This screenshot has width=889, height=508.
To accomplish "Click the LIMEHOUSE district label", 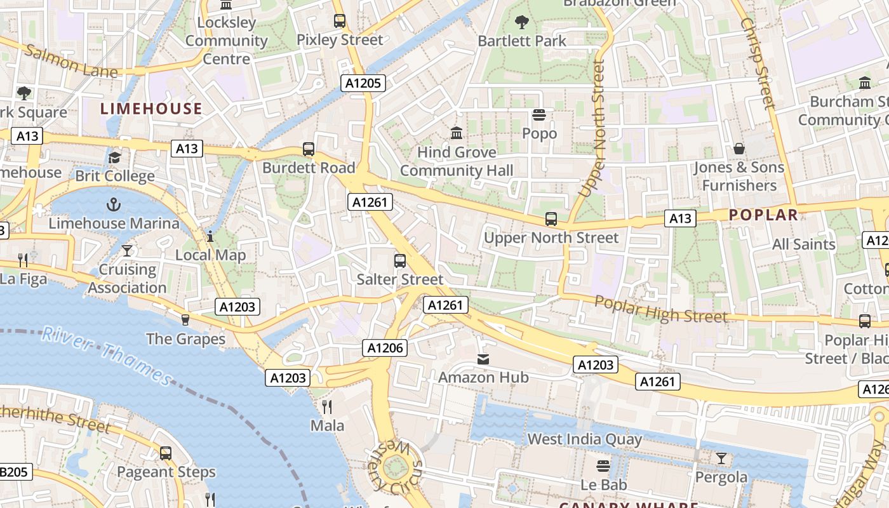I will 151,109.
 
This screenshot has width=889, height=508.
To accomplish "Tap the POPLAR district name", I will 763,215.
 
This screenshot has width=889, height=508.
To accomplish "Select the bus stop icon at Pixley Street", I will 340,21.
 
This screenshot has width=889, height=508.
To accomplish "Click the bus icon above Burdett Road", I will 309,149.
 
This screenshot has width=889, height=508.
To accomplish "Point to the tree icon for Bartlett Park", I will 522,22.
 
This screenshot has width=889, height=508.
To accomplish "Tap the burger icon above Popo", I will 539,115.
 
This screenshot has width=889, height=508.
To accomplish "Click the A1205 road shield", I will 363,83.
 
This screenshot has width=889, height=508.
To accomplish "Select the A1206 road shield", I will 385,347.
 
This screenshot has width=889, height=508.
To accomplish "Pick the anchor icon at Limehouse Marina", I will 114,204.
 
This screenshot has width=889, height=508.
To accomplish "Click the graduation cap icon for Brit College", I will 114,157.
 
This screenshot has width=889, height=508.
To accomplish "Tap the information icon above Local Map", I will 210,237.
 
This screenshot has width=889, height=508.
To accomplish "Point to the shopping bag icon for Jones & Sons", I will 739,149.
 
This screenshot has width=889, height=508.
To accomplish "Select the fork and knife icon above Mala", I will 327,406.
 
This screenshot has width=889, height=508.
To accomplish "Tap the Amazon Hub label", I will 483,377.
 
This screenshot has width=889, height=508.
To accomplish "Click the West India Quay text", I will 584,439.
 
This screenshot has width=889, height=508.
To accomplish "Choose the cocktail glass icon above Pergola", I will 721,458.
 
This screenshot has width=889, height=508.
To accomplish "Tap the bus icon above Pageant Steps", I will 166,453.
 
